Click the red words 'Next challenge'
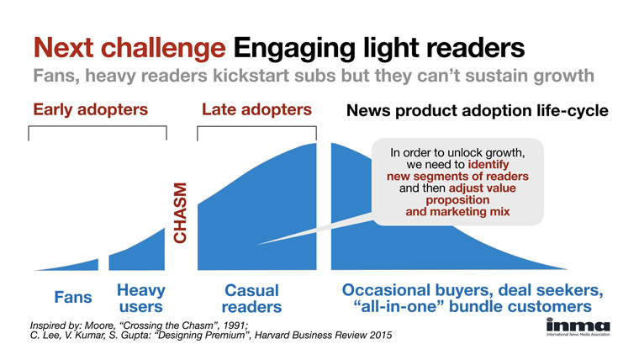click(129, 48)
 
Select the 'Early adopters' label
click(91, 109)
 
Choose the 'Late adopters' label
click(256, 109)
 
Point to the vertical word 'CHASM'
click(180, 213)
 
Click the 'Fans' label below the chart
click(73, 297)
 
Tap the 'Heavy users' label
click(141, 299)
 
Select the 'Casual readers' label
click(251, 299)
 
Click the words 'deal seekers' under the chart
click(551, 290)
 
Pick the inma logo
click(578, 327)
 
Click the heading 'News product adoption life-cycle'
click(478, 110)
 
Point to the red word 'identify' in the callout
click(488, 164)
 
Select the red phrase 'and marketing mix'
click(457, 212)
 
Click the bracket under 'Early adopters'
click(98, 127)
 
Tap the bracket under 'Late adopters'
click(256, 127)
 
